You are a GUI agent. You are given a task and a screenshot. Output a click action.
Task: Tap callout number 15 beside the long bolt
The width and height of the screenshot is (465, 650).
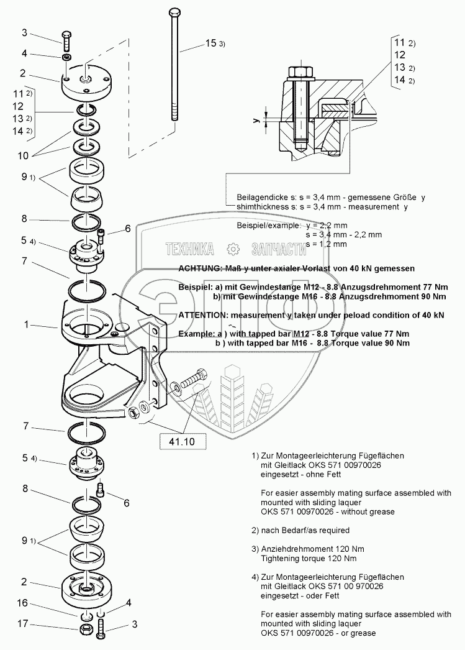coord(211,43)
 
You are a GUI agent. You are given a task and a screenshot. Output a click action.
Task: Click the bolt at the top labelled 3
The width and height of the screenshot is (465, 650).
coord(67,39)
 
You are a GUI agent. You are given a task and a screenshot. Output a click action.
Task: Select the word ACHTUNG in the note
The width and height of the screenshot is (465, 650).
coord(202,268)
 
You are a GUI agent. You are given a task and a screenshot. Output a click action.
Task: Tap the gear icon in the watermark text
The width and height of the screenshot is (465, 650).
coord(233,249)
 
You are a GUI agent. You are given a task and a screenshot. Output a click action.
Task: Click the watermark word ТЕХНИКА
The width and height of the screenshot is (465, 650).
coord(189,250)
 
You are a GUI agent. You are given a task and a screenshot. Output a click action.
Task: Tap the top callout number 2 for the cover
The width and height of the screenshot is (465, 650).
coord(23,73)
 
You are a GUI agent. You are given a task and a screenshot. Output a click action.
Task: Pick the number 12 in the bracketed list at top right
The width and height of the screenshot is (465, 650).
coord(400,55)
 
